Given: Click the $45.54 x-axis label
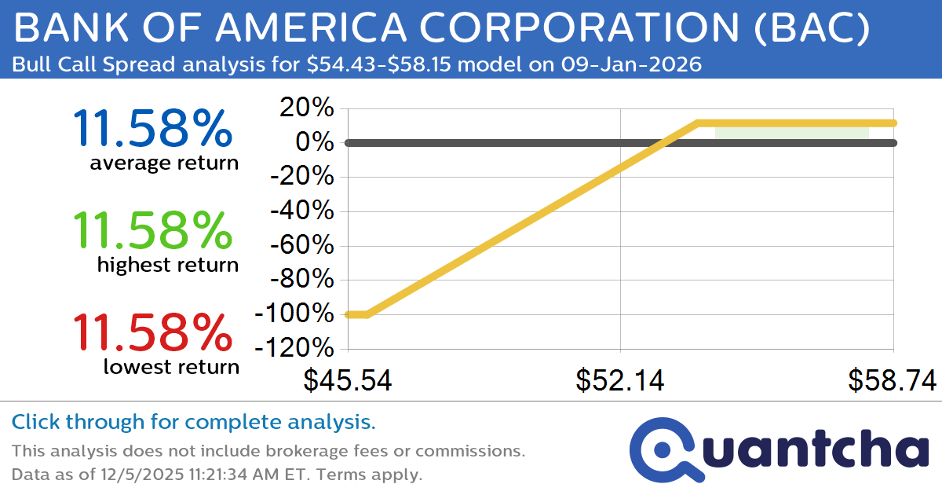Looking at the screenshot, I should [x=348, y=380].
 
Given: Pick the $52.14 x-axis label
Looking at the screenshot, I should [x=620, y=380].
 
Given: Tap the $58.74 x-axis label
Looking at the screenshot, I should [x=892, y=380].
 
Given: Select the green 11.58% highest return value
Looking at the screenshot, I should [x=152, y=229].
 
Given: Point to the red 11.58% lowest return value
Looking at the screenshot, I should [x=152, y=332].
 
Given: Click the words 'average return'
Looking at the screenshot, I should [x=163, y=163].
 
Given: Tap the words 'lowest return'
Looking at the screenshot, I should [x=171, y=366].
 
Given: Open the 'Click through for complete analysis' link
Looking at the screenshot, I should [x=193, y=422].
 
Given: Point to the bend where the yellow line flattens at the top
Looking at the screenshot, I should [x=697, y=123].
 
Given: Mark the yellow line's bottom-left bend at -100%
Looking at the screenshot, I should [x=367, y=314].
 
